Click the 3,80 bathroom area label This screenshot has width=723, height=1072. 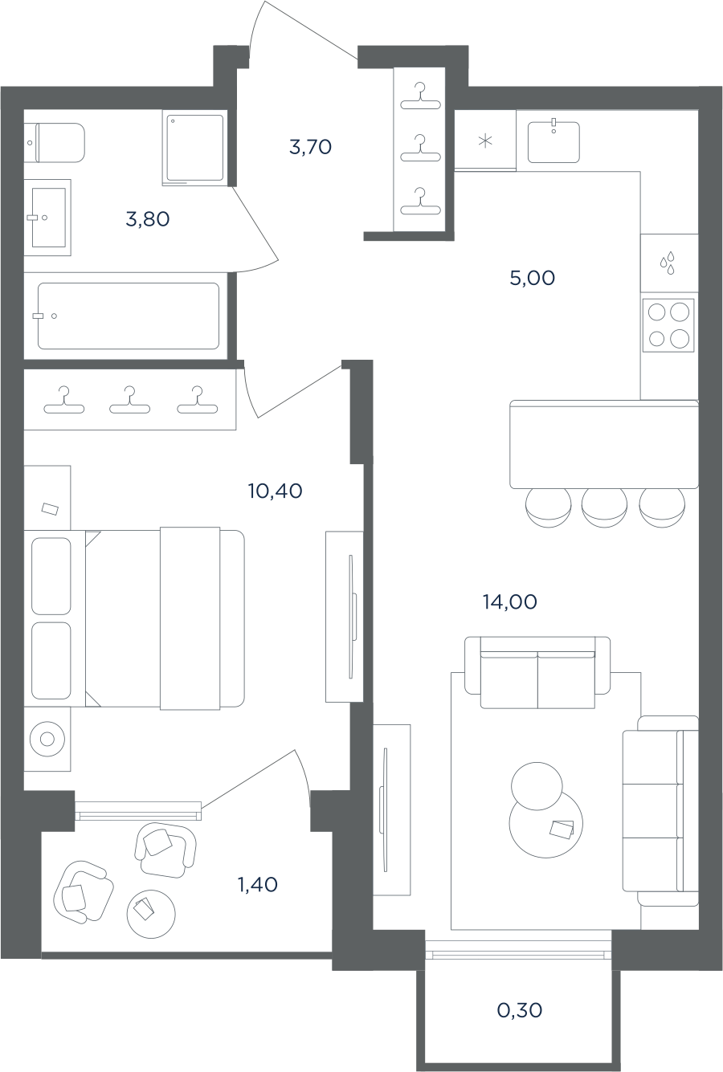tap(148, 220)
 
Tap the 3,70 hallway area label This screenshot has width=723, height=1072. tap(310, 148)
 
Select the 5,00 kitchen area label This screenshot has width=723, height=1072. tap(533, 278)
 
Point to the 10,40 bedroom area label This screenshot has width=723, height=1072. tap(276, 491)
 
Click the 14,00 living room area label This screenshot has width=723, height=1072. tap(510, 602)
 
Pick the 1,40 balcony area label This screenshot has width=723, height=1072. tap(258, 885)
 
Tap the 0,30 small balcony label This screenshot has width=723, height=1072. tap(520, 1011)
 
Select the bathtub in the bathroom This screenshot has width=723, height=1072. tap(129, 316)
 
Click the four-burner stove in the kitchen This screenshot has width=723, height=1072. tap(668, 325)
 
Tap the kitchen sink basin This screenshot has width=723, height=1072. tap(553, 142)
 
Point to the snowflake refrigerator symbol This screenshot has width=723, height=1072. tap(485, 141)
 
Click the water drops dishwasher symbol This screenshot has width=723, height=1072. tap(668, 263)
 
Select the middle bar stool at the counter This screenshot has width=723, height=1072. tap(604, 507)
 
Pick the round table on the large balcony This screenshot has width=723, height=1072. tap(151, 914)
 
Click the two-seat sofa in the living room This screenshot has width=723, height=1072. tap(537, 672)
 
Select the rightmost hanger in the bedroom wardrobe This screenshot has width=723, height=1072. tap(198, 400)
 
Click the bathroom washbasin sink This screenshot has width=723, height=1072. tap(48, 218)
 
